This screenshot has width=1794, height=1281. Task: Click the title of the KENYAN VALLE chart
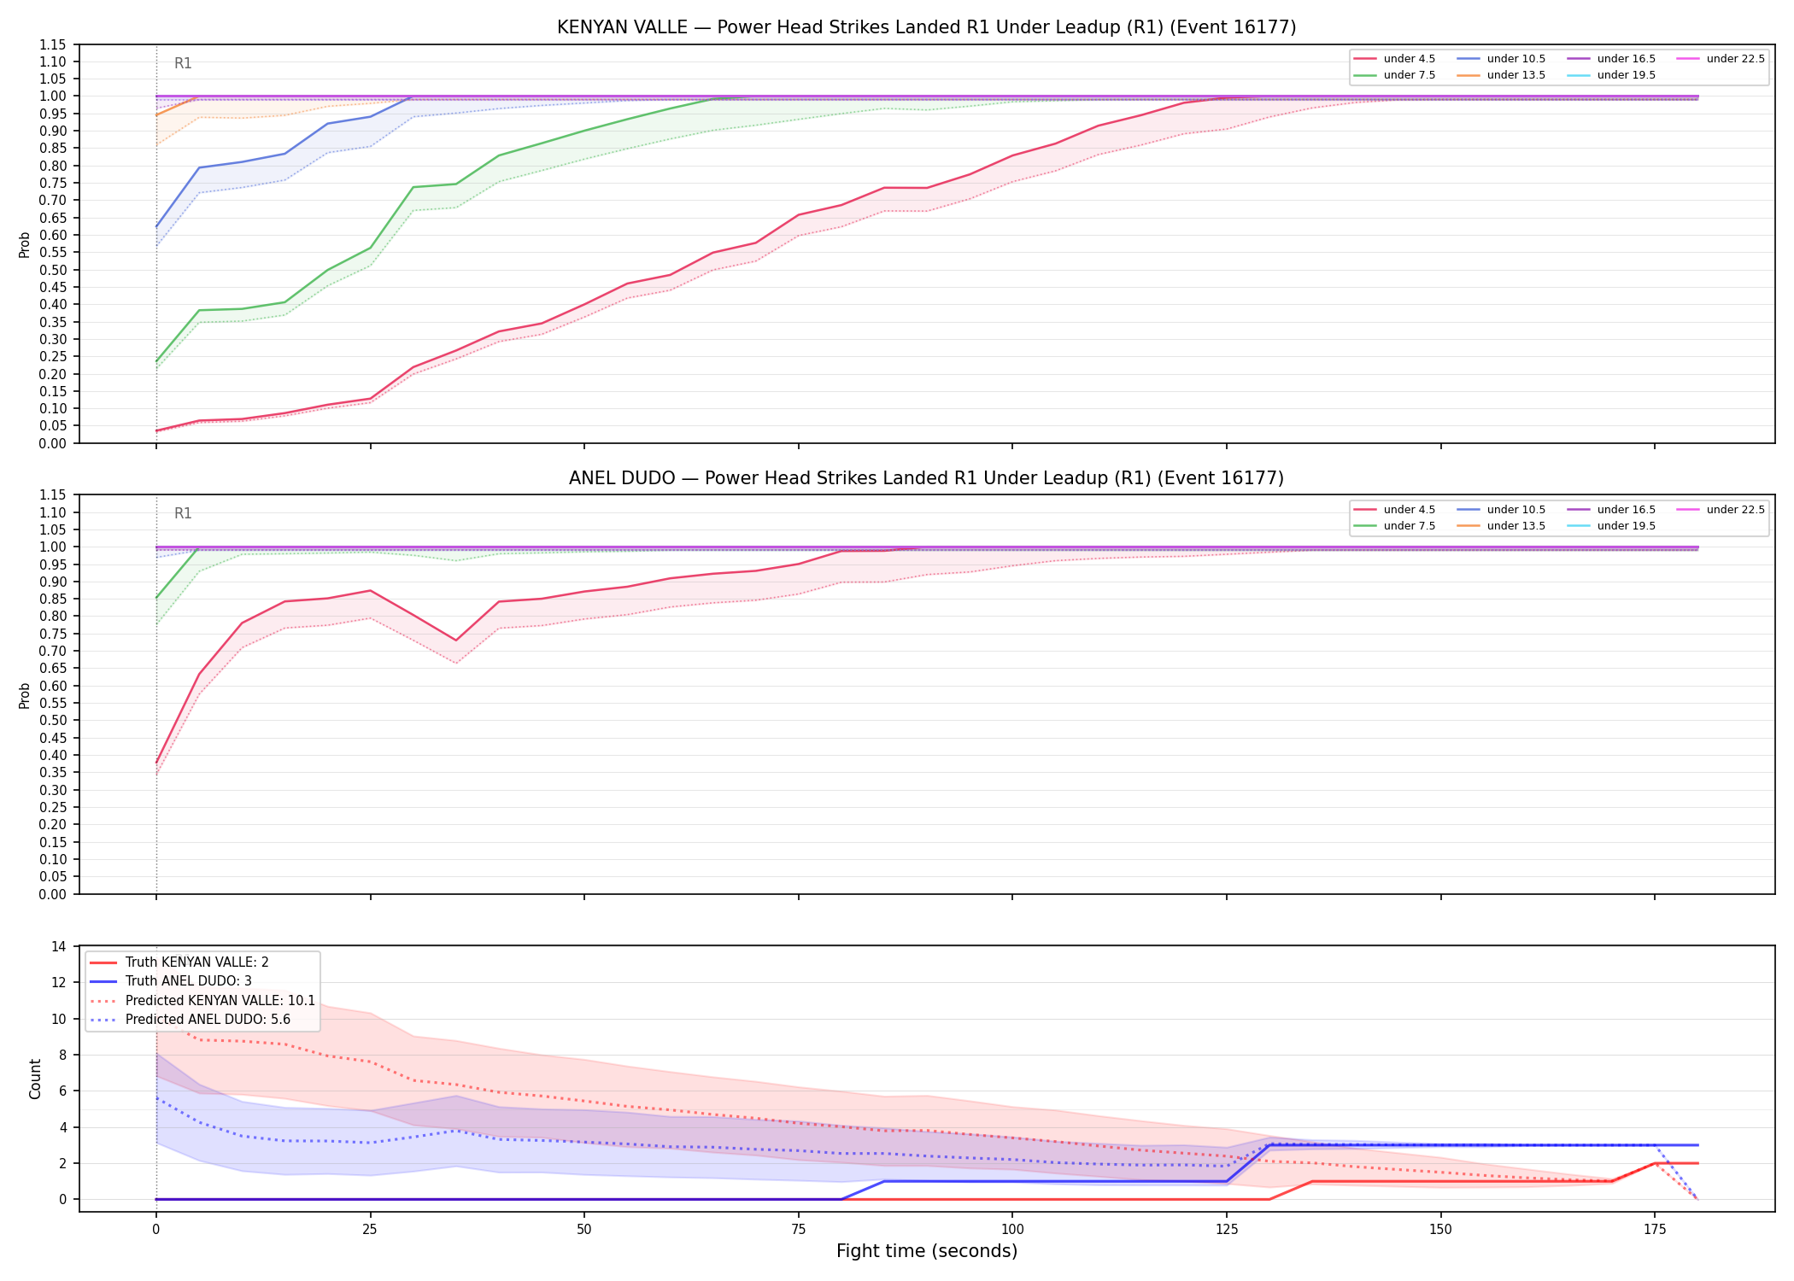tap(926, 27)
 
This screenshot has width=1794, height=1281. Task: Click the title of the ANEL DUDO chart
tap(926, 478)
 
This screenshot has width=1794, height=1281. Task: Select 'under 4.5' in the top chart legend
tap(1410, 59)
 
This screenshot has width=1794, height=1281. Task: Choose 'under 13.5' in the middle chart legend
tap(1516, 526)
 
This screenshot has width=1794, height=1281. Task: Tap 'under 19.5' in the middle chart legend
tap(1626, 526)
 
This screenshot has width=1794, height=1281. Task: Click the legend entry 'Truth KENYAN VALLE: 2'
tap(196, 962)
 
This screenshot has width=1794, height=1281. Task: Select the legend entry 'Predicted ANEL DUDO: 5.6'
tap(208, 1019)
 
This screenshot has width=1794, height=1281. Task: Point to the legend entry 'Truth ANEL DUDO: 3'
tap(188, 981)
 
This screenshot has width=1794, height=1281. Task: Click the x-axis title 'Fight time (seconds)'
tap(927, 1251)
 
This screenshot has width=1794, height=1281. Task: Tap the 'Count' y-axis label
tap(35, 1079)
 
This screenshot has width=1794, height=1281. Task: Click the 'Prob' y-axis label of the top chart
tap(25, 244)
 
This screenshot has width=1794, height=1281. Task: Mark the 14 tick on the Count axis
tap(59, 946)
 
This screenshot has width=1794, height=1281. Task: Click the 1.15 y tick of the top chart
tap(53, 44)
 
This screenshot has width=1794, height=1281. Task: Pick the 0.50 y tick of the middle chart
tap(53, 720)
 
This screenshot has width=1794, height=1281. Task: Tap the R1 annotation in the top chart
tap(183, 63)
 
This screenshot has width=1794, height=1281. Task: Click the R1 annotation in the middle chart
tap(183, 513)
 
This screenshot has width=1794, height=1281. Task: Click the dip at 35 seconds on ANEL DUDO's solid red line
tap(456, 640)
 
